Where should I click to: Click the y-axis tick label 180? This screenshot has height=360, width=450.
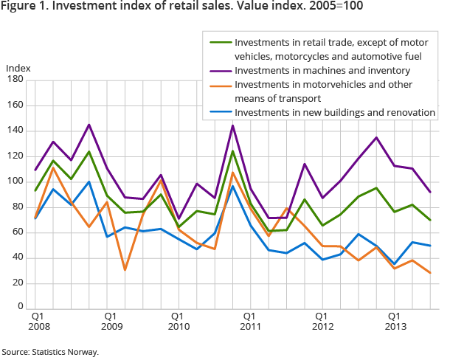pyautogui.click(x=15, y=80)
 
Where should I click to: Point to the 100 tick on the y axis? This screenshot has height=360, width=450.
pyautogui.click(x=15, y=181)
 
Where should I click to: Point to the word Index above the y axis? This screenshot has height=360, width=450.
pyautogui.click(x=18, y=69)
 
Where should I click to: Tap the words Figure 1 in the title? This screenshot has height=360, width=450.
pyautogui.click(x=25, y=8)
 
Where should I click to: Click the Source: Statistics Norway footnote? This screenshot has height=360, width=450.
pyautogui.click(x=50, y=352)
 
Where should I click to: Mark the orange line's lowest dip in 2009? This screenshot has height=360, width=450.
pyautogui.click(x=125, y=270)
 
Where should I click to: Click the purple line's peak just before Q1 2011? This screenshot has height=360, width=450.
pyautogui.click(x=233, y=125)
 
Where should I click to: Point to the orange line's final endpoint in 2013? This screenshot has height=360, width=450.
pyautogui.click(x=429, y=273)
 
